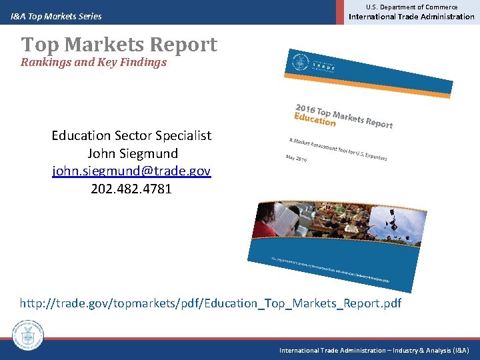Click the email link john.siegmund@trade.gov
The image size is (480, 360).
coord(131,171)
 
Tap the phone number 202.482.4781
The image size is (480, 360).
coord(131,189)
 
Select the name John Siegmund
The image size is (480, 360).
coord(131,153)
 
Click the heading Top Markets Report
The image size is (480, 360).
coord(119,45)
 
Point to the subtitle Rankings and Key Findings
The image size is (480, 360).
coord(93,63)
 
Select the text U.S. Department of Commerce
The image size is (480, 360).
coord(412,7)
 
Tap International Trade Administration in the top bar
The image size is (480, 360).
coord(412,17)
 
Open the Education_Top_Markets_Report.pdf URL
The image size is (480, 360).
coord(211,304)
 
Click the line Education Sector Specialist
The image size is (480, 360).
coord(131,136)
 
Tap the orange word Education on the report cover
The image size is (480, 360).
coord(315,119)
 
